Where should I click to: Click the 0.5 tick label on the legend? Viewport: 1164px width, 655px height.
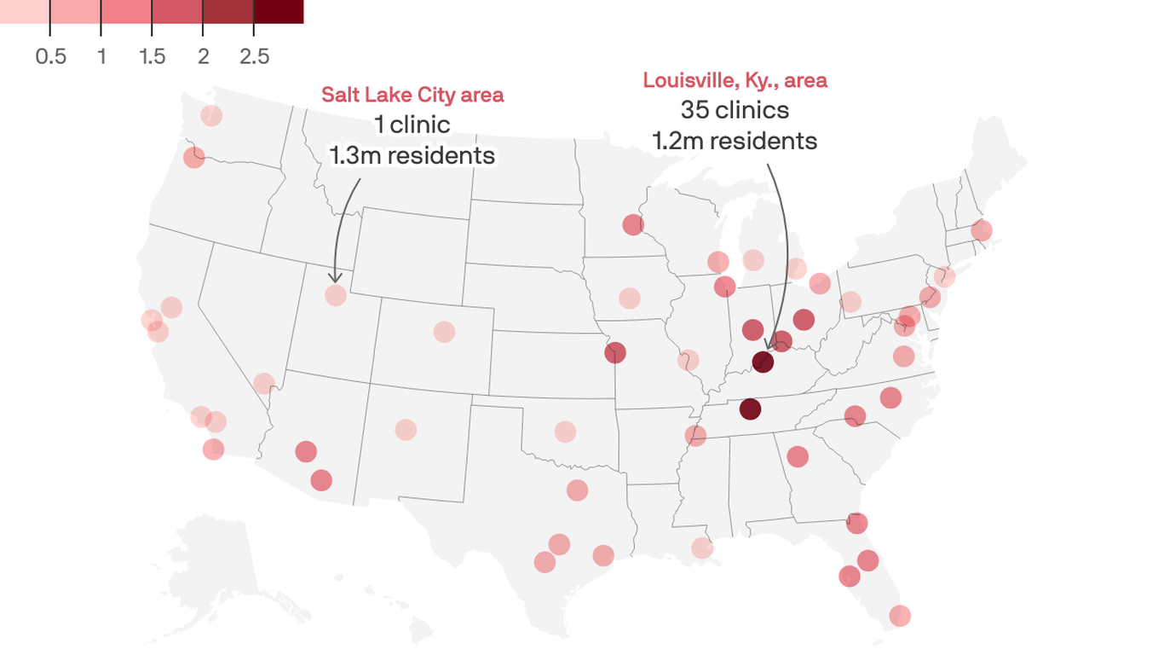coord(50,56)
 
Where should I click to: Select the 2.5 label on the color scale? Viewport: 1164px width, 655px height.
coord(254,56)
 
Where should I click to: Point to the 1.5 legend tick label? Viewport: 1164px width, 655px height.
coord(152,56)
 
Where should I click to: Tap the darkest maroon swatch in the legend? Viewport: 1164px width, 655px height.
coord(279,11)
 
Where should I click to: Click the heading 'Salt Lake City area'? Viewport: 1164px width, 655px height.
coord(412,95)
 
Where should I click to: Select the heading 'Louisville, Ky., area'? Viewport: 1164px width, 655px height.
coord(735,80)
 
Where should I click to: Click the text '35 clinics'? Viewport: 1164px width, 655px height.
coord(735,110)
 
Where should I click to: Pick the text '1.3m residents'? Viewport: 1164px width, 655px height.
coord(412,155)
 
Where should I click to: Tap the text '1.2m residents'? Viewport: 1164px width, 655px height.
coord(735,141)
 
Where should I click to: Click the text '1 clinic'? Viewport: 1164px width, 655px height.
coord(412,125)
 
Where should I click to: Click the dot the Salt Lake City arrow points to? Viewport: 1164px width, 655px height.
coord(336,295)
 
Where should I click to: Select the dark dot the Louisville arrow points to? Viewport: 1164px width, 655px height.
coord(763,362)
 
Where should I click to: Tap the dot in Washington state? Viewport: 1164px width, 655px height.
coord(211,115)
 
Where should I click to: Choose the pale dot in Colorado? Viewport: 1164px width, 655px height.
coord(444,332)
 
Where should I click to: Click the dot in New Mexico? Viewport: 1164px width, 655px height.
coord(406,430)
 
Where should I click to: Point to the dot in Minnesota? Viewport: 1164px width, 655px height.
coord(633,225)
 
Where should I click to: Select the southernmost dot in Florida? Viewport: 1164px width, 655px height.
coord(900,615)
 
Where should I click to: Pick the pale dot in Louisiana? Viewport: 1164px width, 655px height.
coord(701,548)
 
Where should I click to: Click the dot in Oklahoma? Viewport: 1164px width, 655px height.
coord(565,432)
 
